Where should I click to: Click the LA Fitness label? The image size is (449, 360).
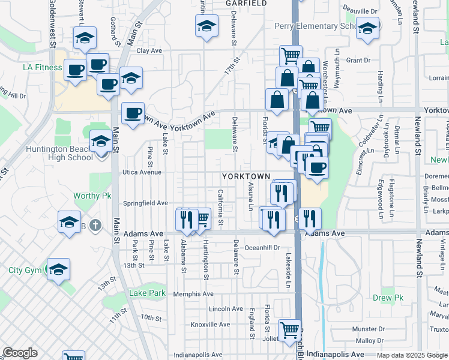tap(43, 67)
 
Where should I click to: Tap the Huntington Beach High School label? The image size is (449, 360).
tap(59, 154)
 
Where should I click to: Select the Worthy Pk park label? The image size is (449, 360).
tap(92, 196)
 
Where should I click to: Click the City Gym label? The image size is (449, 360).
tap(25, 270)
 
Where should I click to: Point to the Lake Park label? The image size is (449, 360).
tap(147, 293)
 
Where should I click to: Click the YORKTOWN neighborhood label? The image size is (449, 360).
tap(246, 176)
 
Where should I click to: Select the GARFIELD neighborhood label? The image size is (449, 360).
tap(247, 3)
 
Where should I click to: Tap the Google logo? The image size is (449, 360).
tap(20, 353)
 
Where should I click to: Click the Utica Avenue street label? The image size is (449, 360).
tap(142, 172)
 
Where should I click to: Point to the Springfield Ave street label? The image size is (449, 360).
tap(146, 203)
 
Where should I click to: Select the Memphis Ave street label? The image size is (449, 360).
tap(193, 294)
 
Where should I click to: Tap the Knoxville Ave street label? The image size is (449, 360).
tap(210, 325)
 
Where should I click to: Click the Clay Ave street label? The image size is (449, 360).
tap(150, 51)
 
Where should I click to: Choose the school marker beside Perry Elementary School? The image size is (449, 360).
tap(367, 27)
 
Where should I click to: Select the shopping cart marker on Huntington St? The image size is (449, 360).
tap(202, 218)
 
